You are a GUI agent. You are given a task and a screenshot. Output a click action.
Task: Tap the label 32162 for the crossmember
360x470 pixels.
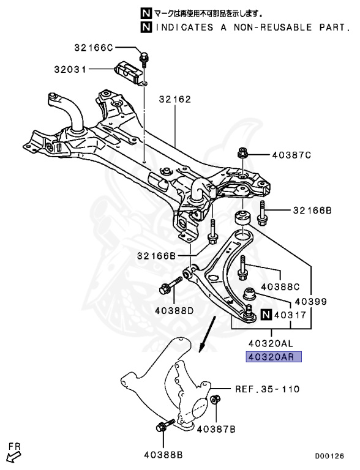176,99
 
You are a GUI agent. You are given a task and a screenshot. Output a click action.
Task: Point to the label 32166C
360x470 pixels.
94,47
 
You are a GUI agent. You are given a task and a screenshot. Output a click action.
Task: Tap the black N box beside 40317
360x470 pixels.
266,315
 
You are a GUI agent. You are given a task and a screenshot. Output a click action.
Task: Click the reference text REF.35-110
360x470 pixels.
268,389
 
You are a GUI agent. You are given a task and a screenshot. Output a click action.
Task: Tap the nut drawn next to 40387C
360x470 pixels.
241,153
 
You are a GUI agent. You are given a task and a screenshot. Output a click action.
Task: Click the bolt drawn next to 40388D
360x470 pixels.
170,286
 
